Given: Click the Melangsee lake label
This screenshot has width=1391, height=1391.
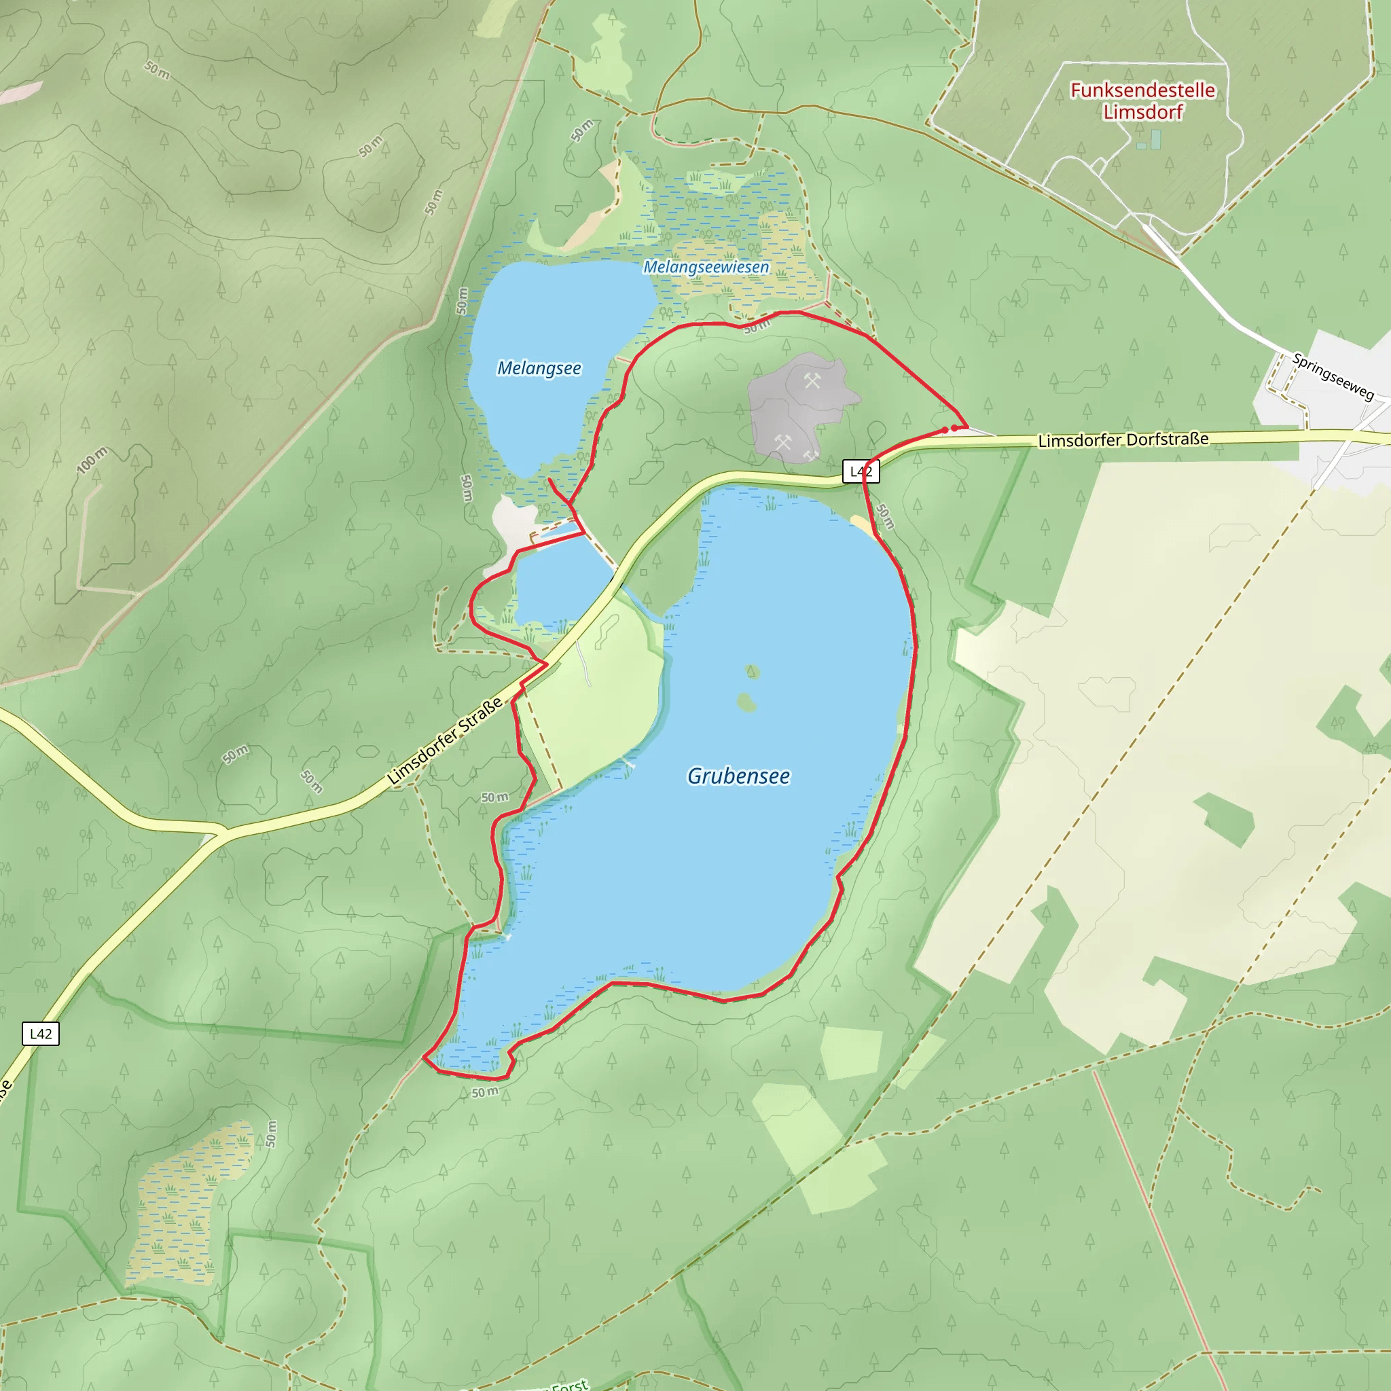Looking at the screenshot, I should click(539, 369).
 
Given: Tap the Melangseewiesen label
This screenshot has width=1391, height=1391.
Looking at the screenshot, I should click(706, 267).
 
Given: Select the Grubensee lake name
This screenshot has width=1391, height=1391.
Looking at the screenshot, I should click(738, 776).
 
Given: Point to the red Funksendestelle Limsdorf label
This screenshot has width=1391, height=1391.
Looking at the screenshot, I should click(1142, 101).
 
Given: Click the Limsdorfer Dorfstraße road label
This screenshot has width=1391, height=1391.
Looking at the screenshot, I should click(1123, 439).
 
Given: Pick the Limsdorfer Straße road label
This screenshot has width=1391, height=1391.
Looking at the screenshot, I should click(445, 741).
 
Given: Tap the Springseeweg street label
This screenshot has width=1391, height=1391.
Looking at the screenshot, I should click(1333, 376).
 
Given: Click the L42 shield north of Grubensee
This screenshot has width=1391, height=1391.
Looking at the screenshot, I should click(861, 471).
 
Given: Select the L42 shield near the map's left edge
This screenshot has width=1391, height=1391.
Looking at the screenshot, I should click(40, 1034).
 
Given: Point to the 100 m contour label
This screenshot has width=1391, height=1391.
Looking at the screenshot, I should click(92, 460).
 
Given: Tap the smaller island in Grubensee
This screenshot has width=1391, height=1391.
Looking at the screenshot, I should click(753, 672).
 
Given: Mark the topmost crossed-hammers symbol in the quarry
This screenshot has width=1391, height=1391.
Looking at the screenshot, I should click(812, 381).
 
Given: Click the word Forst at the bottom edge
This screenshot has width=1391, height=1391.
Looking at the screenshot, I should click(571, 1384).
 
